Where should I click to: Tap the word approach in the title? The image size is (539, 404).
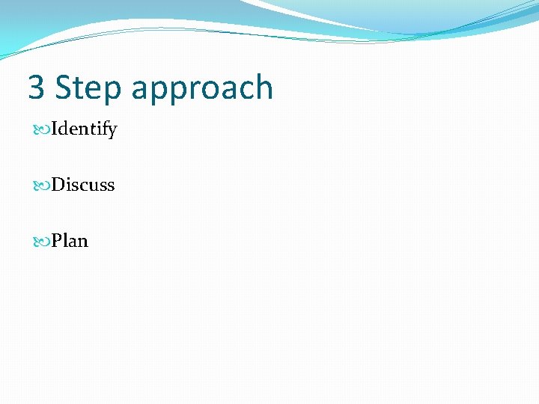(x=201, y=88)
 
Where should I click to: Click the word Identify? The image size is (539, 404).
(x=84, y=129)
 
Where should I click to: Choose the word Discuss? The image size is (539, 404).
(x=82, y=185)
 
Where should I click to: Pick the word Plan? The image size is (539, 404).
(x=70, y=241)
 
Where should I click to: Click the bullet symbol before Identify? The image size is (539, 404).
(x=42, y=130)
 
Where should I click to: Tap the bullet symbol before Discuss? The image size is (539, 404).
(x=42, y=186)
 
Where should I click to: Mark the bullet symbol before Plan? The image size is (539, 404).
(x=42, y=242)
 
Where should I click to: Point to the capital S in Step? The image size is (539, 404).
(x=64, y=88)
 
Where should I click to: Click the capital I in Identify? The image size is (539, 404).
(x=55, y=129)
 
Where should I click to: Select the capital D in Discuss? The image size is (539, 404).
(x=58, y=185)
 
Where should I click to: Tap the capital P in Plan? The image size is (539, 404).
(x=57, y=241)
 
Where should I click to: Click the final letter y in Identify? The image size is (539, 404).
(x=112, y=132)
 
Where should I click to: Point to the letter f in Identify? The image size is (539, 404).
(x=104, y=129)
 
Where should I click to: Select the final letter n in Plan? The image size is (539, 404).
(x=82, y=242)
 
